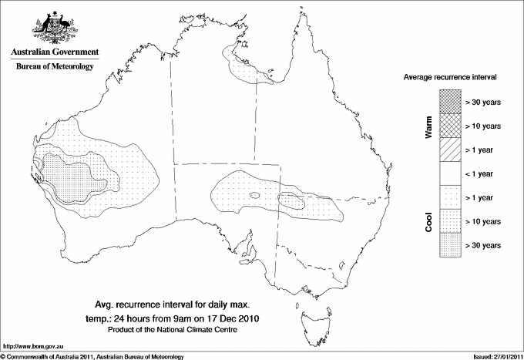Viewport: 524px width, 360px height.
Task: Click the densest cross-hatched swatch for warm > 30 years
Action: click(x=450, y=101)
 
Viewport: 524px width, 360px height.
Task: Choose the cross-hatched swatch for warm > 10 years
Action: click(x=450, y=125)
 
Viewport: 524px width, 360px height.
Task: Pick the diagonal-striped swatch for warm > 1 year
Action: click(x=450, y=149)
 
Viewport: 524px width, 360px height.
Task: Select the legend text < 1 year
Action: click(x=482, y=173)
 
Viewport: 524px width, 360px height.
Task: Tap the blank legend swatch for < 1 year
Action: click(x=450, y=173)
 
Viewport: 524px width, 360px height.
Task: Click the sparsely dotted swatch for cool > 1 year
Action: click(x=450, y=197)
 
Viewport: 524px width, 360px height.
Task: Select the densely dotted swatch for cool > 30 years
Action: click(x=450, y=244)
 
